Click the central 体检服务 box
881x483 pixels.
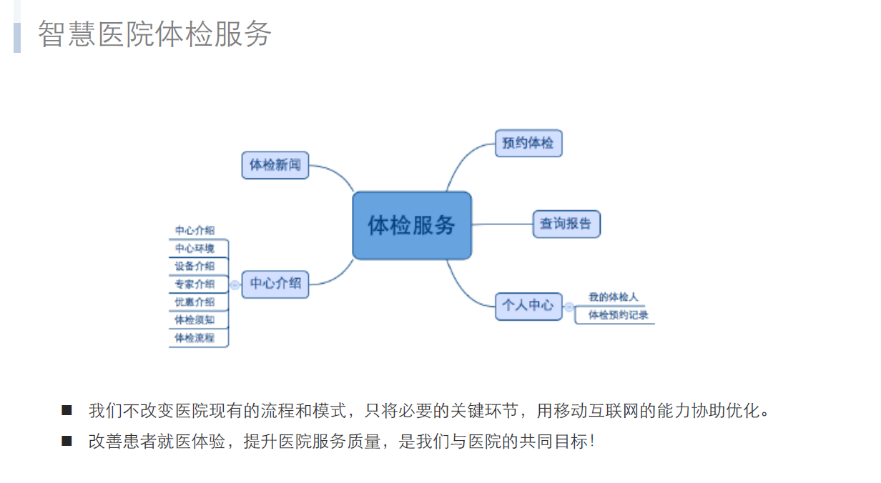[x=412, y=226]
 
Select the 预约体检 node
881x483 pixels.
[x=528, y=143]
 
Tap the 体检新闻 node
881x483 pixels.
[x=275, y=165]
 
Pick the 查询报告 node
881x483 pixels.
[x=566, y=224]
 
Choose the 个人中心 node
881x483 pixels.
[x=528, y=306]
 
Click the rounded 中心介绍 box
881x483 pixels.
[x=275, y=284]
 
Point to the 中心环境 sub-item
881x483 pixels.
[x=195, y=249]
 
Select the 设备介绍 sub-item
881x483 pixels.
[x=195, y=266]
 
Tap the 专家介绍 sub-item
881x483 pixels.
[x=195, y=284]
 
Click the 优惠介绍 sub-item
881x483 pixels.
[x=195, y=302]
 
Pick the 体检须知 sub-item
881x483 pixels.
[x=195, y=320]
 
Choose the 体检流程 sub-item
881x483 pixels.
[x=195, y=338]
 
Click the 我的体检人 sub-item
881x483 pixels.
[x=613, y=297]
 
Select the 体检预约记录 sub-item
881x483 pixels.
[x=618, y=315]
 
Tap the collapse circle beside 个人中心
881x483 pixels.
[x=569, y=307]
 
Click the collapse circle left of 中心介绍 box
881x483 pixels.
[x=235, y=285]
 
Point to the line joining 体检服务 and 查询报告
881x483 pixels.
[x=502, y=224]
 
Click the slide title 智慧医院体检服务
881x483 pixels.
[x=154, y=34]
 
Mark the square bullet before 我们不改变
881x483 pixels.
[x=67, y=410]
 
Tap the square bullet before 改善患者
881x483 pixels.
[x=67, y=441]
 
